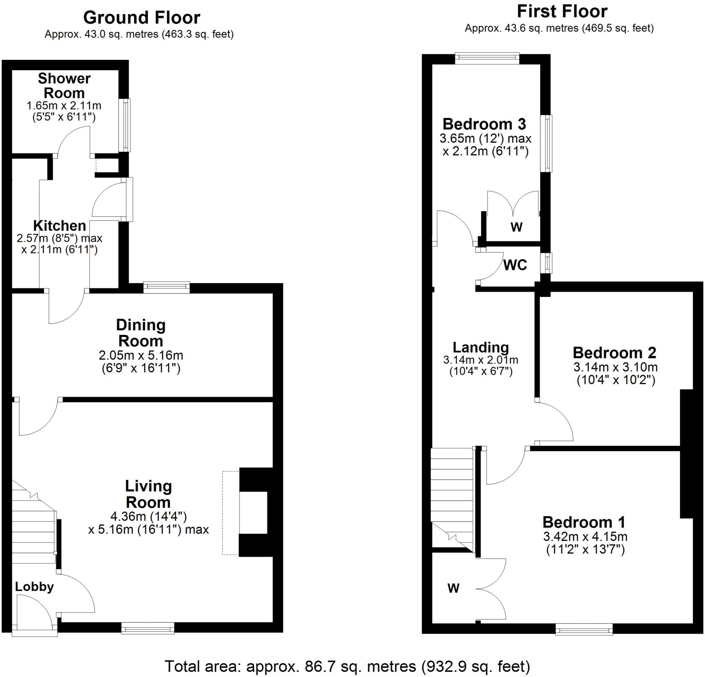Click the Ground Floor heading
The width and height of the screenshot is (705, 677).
[x=141, y=18]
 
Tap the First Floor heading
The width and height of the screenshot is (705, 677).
[x=562, y=12]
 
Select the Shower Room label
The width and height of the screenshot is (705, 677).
[x=64, y=86]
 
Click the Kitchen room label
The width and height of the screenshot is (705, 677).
[x=60, y=226]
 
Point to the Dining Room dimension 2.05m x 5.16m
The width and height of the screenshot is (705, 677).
[x=141, y=356]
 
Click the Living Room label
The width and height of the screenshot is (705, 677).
[x=148, y=494]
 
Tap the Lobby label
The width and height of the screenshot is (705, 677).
[x=34, y=587]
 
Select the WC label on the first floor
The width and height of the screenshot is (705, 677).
[x=515, y=265]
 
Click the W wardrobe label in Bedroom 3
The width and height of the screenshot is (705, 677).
[x=516, y=227]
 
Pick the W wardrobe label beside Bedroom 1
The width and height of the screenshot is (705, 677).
[x=453, y=588]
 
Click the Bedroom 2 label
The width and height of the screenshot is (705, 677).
[x=614, y=353]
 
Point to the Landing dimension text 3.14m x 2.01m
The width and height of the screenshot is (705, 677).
[x=481, y=360]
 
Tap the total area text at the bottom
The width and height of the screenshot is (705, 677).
[x=347, y=656]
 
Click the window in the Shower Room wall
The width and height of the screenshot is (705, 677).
[x=126, y=125]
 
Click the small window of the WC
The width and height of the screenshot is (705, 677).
[x=547, y=263]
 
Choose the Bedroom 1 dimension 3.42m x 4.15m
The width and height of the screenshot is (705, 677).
[x=585, y=537]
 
